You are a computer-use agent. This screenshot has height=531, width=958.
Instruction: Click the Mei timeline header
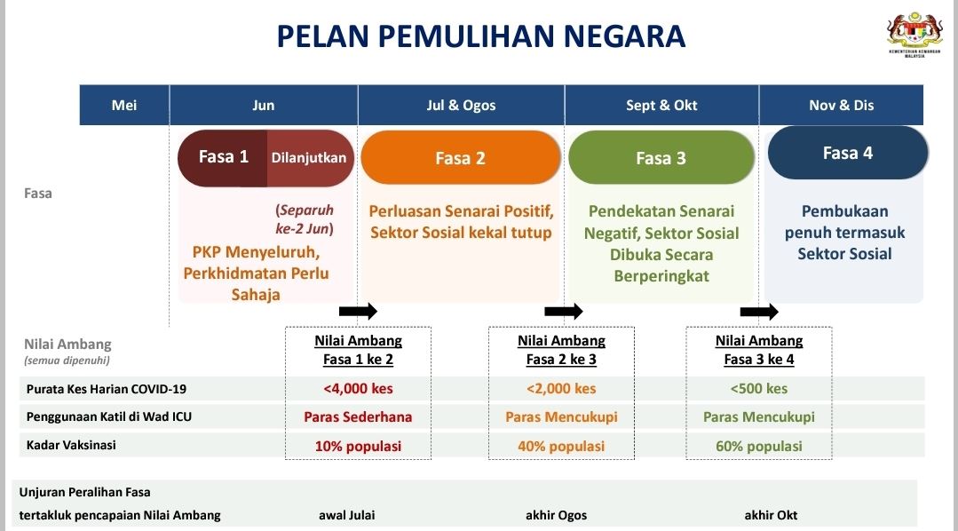124,105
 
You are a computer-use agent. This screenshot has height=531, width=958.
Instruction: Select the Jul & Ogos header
461,105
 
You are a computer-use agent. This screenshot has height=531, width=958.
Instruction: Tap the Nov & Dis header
841,105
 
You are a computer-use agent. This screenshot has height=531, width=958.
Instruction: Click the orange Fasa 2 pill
460,158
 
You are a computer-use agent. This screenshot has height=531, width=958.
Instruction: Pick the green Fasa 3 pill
661,158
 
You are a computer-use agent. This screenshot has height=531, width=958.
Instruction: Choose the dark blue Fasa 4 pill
847,153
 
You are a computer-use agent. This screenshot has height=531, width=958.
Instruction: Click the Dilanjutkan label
309,157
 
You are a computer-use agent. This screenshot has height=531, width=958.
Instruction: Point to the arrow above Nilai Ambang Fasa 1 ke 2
358,311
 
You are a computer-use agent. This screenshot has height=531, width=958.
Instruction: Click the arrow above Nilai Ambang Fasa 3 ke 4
759,311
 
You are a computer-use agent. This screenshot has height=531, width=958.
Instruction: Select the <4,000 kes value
358,388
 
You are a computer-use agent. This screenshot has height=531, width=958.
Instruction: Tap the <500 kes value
758,388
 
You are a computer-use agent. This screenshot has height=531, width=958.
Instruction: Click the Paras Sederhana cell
358,416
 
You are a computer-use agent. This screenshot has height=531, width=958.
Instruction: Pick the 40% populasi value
561,446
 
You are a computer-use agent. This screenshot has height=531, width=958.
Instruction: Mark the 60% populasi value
758,446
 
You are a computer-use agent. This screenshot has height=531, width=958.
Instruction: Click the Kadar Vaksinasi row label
70,445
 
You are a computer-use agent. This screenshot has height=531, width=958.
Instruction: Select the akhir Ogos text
556,515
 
